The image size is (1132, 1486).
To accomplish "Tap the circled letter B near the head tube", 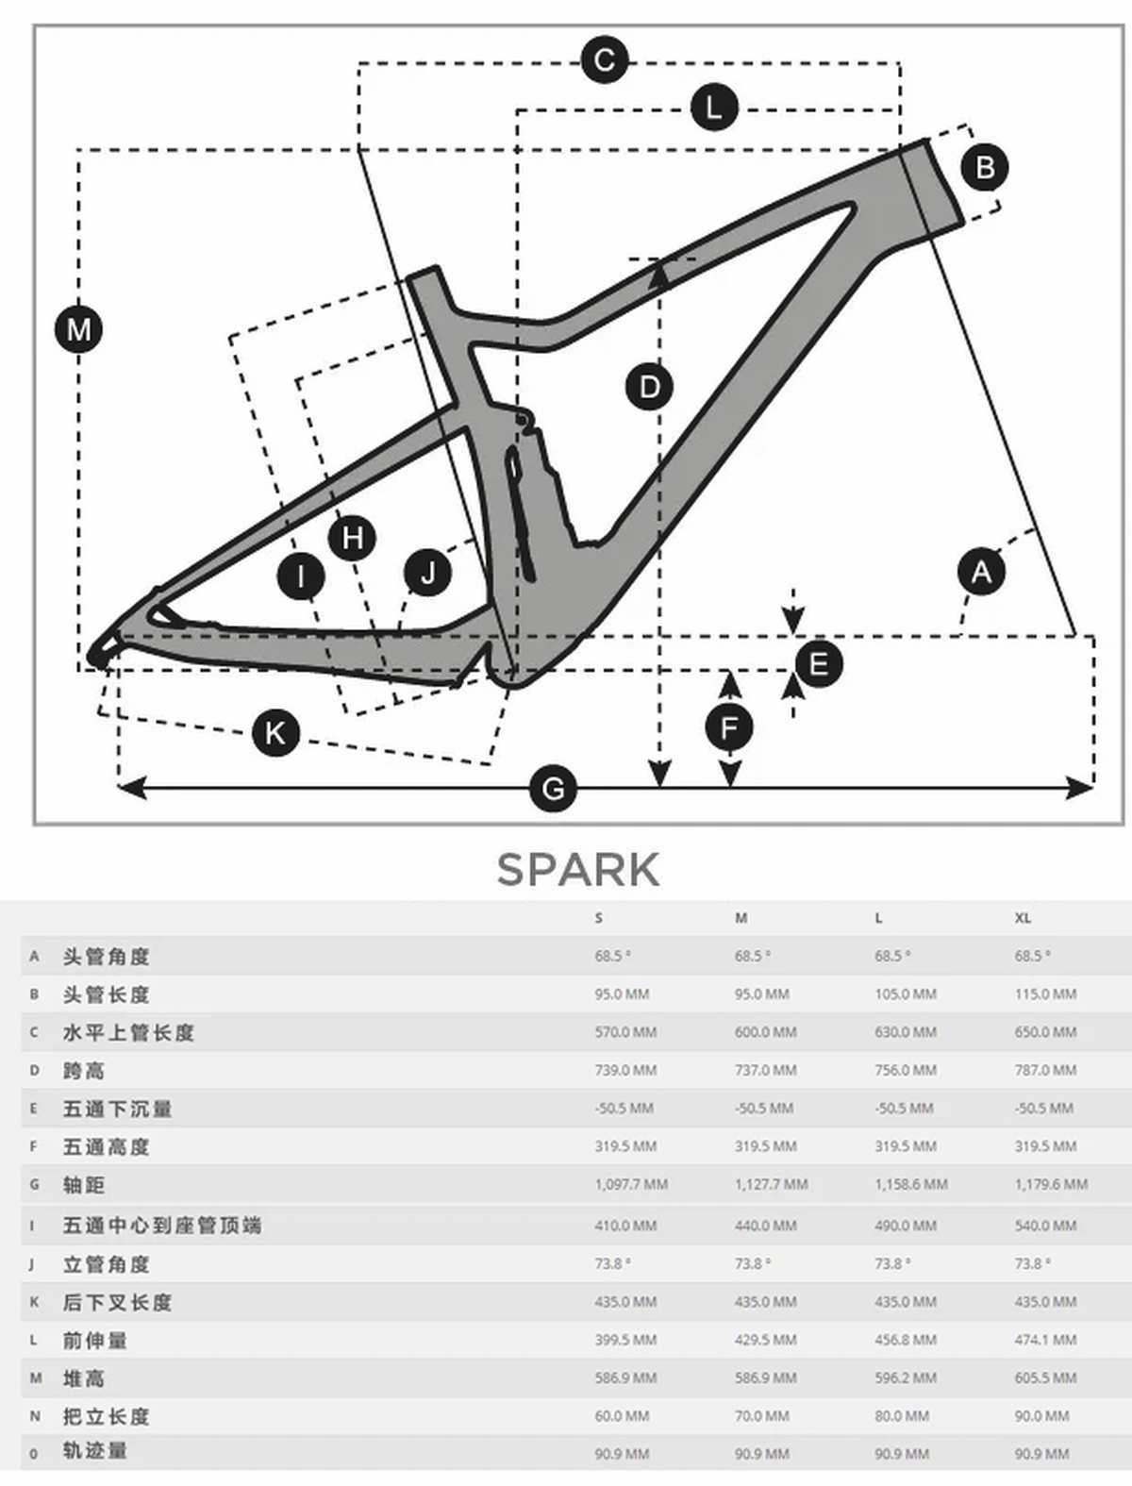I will coord(985,168).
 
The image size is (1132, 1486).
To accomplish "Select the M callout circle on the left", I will coord(79,330).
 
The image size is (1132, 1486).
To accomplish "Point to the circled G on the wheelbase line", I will coord(553,788).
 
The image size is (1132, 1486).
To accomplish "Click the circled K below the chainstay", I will coord(275,733).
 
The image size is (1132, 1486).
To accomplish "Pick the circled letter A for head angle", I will coord(981,572).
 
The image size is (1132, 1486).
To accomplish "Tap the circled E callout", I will coord(818,663).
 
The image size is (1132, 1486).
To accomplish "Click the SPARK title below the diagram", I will coord(577,870).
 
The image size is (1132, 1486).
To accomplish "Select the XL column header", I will coord(1023,918).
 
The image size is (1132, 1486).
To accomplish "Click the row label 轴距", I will coord(84,1185).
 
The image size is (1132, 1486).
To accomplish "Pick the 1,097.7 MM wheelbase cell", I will coord(631,1184).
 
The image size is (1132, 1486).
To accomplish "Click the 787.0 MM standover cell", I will coord(1045,1070).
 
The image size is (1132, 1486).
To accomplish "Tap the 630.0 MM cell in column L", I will coord(905,1032).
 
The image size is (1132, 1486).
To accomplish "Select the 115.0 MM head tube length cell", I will coord(1045,994).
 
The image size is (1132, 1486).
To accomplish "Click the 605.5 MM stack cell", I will coord(1045,1378).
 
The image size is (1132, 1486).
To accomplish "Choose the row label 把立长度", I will coord(107,1416).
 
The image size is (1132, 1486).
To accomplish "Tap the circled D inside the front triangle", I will coord(649,387).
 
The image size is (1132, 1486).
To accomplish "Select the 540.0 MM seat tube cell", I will coord(1045,1226).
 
